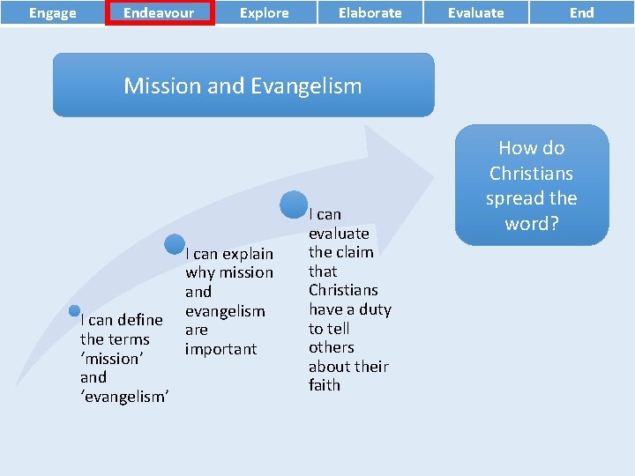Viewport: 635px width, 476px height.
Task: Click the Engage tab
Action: [52, 13]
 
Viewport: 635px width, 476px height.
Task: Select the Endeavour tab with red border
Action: [159, 13]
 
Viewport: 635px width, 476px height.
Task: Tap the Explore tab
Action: [265, 13]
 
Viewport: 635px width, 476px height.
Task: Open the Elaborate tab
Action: [370, 13]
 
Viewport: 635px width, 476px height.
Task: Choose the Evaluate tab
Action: [476, 13]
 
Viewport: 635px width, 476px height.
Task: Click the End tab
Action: [581, 13]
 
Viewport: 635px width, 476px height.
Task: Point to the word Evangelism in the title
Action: [306, 86]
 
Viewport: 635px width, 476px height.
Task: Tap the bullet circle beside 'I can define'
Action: [75, 311]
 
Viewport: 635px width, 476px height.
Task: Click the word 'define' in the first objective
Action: [141, 320]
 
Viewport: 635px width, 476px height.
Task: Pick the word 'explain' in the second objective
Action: [248, 254]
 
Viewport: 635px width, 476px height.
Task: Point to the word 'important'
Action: [220, 349]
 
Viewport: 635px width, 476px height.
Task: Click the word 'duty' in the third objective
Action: [375, 309]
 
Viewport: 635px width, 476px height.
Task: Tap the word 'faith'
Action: [325, 385]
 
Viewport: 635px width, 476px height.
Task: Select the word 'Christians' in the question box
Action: [531, 173]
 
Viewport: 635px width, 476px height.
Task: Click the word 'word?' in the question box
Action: [531, 224]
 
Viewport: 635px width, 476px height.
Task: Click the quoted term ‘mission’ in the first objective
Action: [110, 359]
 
